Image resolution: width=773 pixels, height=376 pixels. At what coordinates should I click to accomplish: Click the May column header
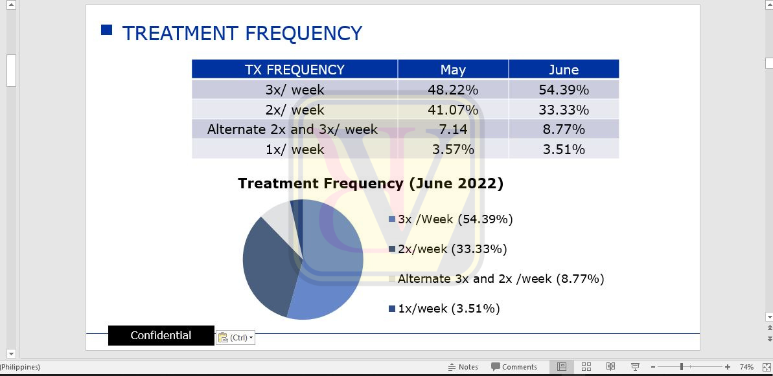452,69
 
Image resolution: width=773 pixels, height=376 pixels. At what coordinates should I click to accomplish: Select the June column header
564,69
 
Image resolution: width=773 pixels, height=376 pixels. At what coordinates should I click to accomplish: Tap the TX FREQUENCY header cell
294,69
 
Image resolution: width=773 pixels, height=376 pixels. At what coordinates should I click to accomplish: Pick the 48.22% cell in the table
452,89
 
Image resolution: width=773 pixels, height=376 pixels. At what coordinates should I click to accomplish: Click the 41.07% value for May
452,109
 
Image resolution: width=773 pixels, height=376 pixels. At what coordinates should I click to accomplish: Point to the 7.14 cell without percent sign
452,129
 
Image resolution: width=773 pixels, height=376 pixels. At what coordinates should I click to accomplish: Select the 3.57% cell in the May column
452,149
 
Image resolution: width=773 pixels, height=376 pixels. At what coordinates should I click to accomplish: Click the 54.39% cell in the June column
564,89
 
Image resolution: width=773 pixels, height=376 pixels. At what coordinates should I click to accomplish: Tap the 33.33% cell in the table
564,109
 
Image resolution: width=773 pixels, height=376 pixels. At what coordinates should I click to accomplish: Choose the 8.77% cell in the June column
564,129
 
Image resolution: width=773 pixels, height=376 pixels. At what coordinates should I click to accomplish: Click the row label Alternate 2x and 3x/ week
292,129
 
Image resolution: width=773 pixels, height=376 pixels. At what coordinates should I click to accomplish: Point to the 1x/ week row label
295,149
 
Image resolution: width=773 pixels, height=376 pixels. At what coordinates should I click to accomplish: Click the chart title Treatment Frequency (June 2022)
371,184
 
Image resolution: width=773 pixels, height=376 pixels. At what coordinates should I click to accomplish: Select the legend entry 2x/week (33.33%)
448,249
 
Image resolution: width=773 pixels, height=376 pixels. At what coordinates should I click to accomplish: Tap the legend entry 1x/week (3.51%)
444,309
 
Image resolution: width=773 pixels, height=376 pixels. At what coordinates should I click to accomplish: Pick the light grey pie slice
279,217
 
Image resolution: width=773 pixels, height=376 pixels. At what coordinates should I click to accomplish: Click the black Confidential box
161,336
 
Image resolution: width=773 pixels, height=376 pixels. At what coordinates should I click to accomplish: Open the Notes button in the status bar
463,367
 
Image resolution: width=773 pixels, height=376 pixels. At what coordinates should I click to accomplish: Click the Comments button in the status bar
514,367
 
